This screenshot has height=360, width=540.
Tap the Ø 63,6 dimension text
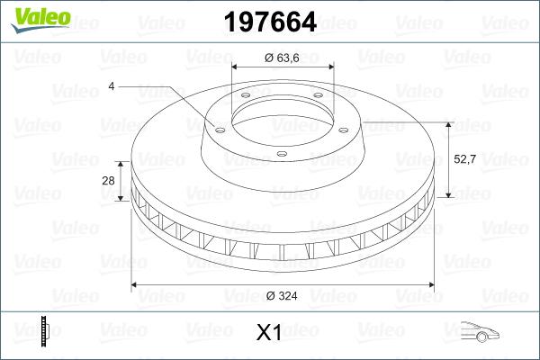point(282,58)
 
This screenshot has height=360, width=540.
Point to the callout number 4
point(111,86)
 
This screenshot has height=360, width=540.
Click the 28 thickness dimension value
point(108,181)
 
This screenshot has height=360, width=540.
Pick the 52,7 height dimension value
point(463,158)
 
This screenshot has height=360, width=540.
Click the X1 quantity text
point(270,333)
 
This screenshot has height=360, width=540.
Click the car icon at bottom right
point(481,332)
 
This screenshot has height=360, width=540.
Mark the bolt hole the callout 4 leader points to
point(219,127)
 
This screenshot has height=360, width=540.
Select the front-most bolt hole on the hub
point(282,154)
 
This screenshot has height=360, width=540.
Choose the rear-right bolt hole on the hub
point(318,100)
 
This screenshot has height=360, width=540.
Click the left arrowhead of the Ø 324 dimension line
point(136,285)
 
